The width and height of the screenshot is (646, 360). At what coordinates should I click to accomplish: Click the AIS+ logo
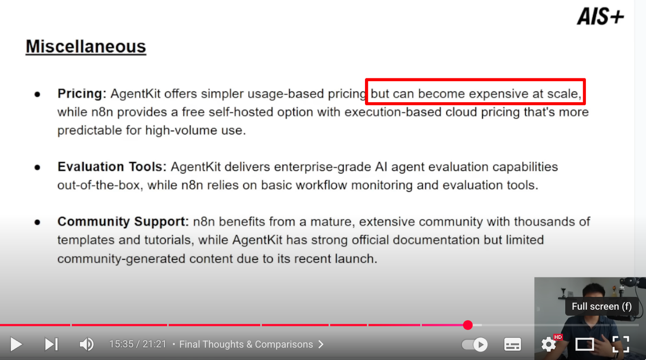point(600,17)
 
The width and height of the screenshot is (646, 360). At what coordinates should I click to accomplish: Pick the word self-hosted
point(241,112)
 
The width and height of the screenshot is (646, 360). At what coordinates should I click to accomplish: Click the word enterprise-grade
point(323,167)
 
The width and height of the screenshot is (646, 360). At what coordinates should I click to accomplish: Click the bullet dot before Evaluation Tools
point(37,167)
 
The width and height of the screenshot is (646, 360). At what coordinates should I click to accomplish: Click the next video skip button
point(51,344)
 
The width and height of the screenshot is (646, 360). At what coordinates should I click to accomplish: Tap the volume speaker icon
point(86,344)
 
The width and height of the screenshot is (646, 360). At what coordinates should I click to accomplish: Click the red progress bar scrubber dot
point(468,325)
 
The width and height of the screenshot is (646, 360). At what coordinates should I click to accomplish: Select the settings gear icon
point(549,344)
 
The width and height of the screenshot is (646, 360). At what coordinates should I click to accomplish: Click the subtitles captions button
point(512,344)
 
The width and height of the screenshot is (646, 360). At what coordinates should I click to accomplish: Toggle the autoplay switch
point(475,344)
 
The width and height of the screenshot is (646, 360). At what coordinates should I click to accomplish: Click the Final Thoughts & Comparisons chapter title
point(246,344)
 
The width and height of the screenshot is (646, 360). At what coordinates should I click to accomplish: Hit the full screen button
point(621,344)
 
